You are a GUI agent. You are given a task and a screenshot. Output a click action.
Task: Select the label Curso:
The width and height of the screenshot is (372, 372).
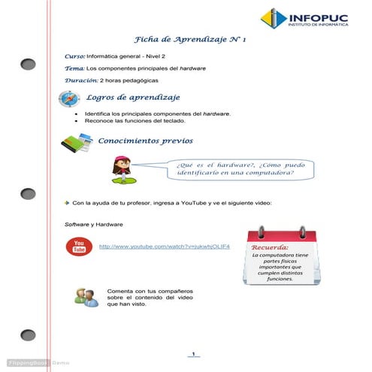[74, 56]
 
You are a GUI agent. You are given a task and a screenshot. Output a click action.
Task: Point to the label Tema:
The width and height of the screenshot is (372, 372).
[75, 68]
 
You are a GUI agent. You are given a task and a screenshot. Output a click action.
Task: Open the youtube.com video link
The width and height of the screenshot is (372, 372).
[164, 246]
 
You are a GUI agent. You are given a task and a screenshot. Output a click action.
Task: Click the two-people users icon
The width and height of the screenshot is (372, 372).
[86, 297]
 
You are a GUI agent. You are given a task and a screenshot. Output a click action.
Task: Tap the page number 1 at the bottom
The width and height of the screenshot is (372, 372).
[193, 354]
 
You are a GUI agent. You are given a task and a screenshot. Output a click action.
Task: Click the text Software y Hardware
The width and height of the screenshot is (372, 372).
[94, 225]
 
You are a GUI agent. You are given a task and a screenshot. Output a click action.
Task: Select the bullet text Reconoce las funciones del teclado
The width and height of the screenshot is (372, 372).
[141, 120]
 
